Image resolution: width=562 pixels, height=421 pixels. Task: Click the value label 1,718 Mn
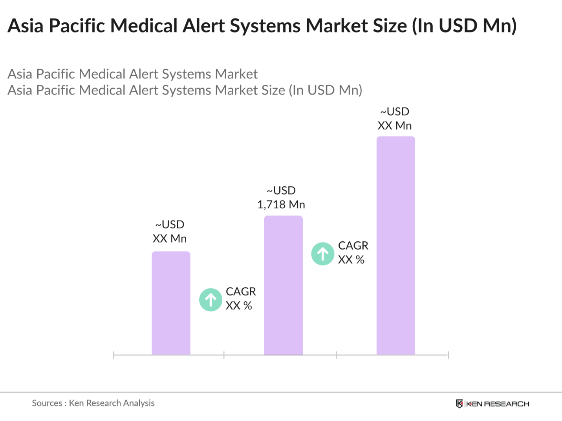point(281,204)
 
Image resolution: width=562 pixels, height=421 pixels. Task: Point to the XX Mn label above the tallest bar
point(394,126)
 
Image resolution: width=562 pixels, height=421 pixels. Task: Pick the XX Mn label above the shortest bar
point(169,239)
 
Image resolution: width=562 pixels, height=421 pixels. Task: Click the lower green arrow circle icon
point(211,300)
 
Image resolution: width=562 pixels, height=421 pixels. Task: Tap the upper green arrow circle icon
point(323,254)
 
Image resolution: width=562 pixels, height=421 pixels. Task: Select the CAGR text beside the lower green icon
point(241,292)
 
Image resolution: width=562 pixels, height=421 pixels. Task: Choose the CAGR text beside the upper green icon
point(353,246)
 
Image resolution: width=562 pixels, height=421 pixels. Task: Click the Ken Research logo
point(492,404)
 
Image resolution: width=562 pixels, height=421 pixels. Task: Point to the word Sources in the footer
point(47,403)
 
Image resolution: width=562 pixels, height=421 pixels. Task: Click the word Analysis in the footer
point(139,403)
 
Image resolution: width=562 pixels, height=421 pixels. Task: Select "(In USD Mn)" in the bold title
point(464,26)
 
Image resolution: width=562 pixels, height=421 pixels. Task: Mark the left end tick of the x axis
point(113,355)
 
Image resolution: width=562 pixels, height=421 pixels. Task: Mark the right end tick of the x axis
point(448,355)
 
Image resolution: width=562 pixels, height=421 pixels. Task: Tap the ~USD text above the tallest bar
point(395,112)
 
